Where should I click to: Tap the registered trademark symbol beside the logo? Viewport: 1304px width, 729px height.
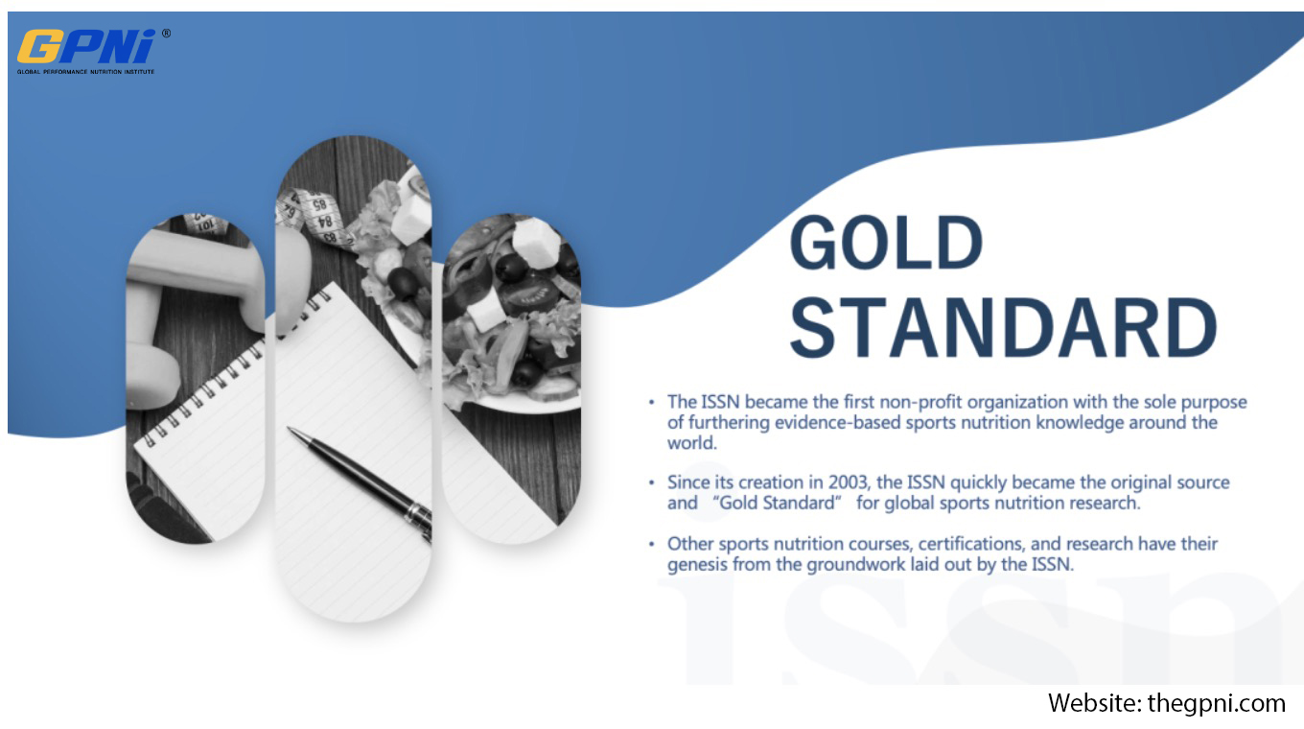[x=167, y=34]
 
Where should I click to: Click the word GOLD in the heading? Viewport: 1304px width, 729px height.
[x=886, y=243]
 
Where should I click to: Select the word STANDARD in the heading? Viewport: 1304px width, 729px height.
[x=1003, y=328]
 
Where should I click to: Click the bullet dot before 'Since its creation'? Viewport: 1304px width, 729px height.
[x=651, y=482]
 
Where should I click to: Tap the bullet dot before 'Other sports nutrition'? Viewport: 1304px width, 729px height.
[x=651, y=544]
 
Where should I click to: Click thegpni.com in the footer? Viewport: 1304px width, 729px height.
[x=1216, y=704]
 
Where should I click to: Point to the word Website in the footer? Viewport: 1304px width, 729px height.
[x=1094, y=703]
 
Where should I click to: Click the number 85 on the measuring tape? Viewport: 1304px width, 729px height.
[x=319, y=204]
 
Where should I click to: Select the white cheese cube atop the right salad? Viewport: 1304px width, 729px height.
[x=536, y=243]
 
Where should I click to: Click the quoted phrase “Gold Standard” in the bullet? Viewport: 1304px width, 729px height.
[x=778, y=503]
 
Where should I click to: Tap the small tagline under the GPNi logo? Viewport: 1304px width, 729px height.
[x=85, y=72]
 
